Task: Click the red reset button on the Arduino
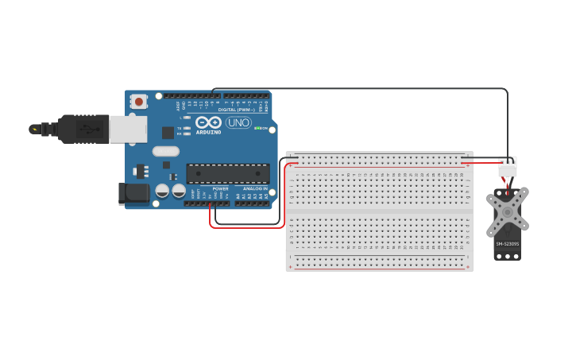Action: [139, 101]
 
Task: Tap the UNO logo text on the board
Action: [238, 122]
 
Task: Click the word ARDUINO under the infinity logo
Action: [208, 132]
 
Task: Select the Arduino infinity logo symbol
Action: [208, 122]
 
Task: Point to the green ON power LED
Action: [256, 128]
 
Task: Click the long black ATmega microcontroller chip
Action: [227, 172]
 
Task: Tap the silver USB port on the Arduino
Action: [127, 129]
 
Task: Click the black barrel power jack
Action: [133, 193]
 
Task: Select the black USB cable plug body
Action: [84, 129]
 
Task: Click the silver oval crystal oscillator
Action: [166, 151]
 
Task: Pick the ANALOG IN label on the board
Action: [254, 189]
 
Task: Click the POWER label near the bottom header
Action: [220, 189]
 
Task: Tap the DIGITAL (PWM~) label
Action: [237, 109]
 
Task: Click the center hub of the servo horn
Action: [507, 212]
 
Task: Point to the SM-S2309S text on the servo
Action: [507, 244]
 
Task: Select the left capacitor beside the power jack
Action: [162, 191]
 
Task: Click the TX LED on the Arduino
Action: [187, 127]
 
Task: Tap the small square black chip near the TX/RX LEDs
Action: [168, 133]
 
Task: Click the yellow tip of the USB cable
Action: [33, 129]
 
